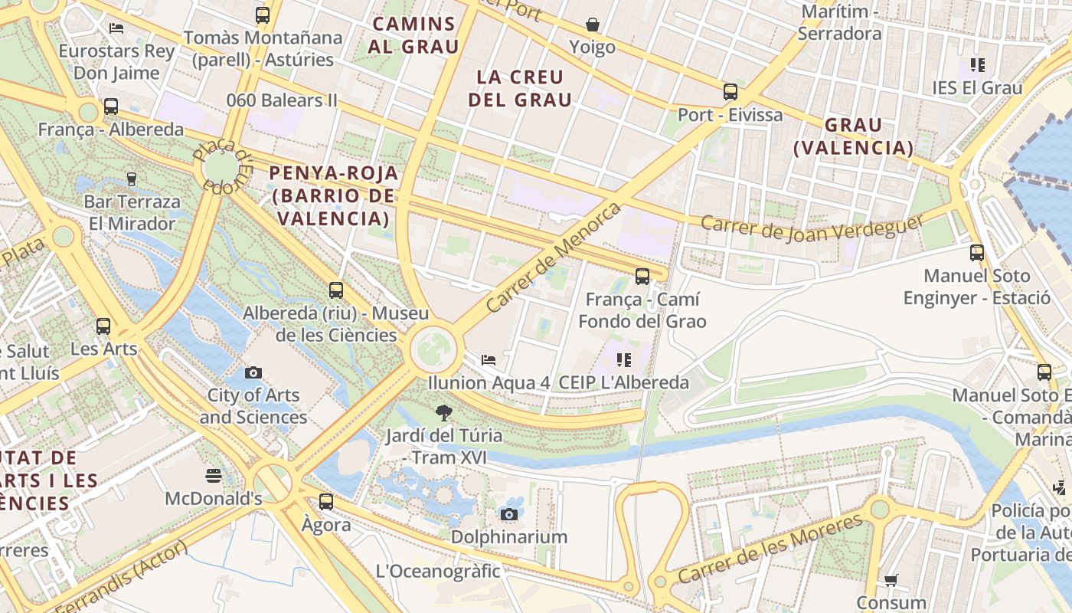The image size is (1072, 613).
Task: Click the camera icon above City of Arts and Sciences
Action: click(253, 373)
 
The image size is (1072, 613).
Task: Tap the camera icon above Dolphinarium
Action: click(509, 514)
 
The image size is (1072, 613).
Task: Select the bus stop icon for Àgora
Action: click(326, 502)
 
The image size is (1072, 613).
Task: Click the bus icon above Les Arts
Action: click(103, 326)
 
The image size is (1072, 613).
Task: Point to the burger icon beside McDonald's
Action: click(214, 476)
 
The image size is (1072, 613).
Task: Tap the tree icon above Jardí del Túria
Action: click(443, 414)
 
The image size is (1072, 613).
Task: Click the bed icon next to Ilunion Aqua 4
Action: click(489, 359)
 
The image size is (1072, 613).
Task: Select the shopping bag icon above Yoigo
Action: click(592, 25)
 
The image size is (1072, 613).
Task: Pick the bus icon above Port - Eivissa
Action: click(730, 92)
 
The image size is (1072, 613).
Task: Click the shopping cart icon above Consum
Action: click(891, 580)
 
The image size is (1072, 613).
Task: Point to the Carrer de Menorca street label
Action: click(553, 257)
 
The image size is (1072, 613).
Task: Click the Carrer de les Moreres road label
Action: click(770, 551)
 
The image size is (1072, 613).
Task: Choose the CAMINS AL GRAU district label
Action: click(413, 35)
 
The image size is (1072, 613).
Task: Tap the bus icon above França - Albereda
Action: click(111, 107)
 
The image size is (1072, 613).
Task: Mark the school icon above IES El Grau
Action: click(977, 65)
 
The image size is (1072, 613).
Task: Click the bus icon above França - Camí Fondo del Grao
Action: click(642, 277)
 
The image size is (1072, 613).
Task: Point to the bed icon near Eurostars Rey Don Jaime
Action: click(116, 28)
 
